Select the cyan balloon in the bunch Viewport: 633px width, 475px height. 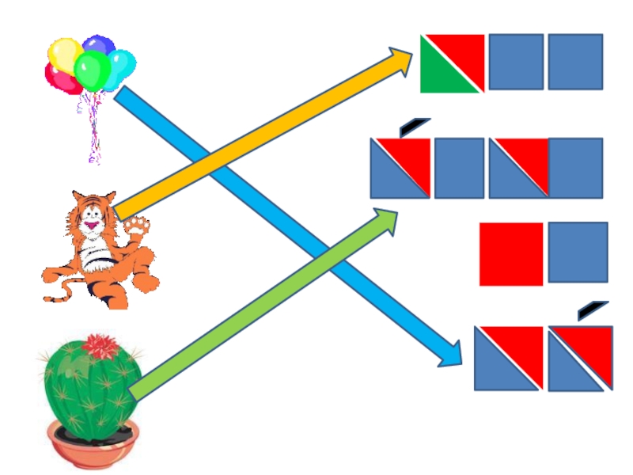click(x=122, y=65)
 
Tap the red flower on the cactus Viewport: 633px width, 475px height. click(x=100, y=345)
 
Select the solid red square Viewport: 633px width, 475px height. click(x=511, y=253)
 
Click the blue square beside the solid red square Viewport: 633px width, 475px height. click(x=578, y=253)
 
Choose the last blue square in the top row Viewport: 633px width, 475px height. click(x=575, y=62)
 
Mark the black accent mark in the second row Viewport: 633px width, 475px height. click(x=415, y=125)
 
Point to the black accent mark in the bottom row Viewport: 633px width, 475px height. click(x=593, y=310)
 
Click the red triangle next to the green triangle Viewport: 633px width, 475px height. click(x=464, y=52)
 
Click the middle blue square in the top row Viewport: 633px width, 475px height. click(x=516, y=62)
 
